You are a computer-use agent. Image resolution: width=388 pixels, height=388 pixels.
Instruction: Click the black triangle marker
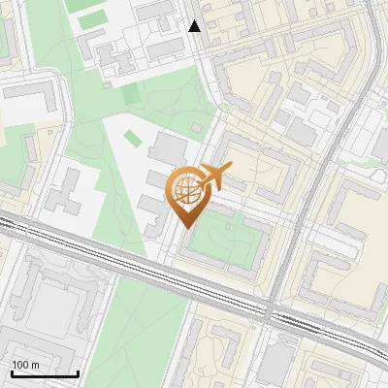(x=195, y=26)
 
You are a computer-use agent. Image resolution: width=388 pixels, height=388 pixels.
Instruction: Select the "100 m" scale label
(x=26, y=365)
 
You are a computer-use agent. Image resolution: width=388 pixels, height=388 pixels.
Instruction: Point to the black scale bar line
(x=45, y=373)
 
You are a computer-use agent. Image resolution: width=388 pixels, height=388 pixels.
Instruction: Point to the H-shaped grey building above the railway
(x=68, y=199)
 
